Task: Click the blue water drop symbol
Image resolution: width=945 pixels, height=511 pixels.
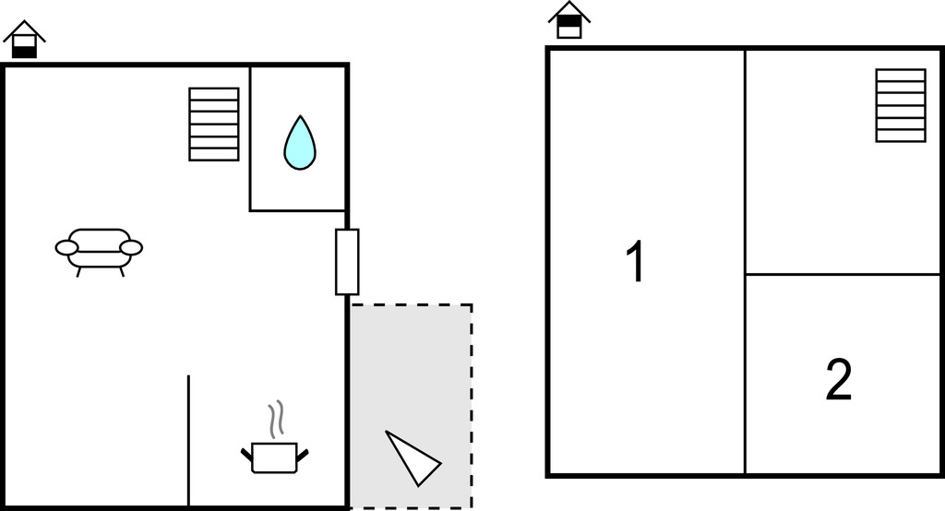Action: point(299,144)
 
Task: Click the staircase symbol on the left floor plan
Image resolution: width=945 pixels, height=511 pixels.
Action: point(214,124)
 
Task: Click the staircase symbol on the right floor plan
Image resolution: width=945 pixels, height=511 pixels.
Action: point(901,105)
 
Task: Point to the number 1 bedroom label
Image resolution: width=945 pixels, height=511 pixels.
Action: point(635,262)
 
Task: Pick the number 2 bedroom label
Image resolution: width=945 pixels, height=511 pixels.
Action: point(838,380)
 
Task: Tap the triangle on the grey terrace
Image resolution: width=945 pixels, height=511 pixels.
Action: point(412,457)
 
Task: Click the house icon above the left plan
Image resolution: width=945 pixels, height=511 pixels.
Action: point(24,40)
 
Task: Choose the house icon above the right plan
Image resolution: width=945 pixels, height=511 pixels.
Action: point(569,20)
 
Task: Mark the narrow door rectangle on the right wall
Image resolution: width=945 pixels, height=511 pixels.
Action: point(347,262)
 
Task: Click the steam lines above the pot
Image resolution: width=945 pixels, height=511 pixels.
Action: point(274,420)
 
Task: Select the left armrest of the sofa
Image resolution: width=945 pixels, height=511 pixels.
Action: point(66,247)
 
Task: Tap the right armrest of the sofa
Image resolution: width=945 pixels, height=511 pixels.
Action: point(132,247)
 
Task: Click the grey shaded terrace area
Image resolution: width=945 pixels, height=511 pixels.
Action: point(410,369)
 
